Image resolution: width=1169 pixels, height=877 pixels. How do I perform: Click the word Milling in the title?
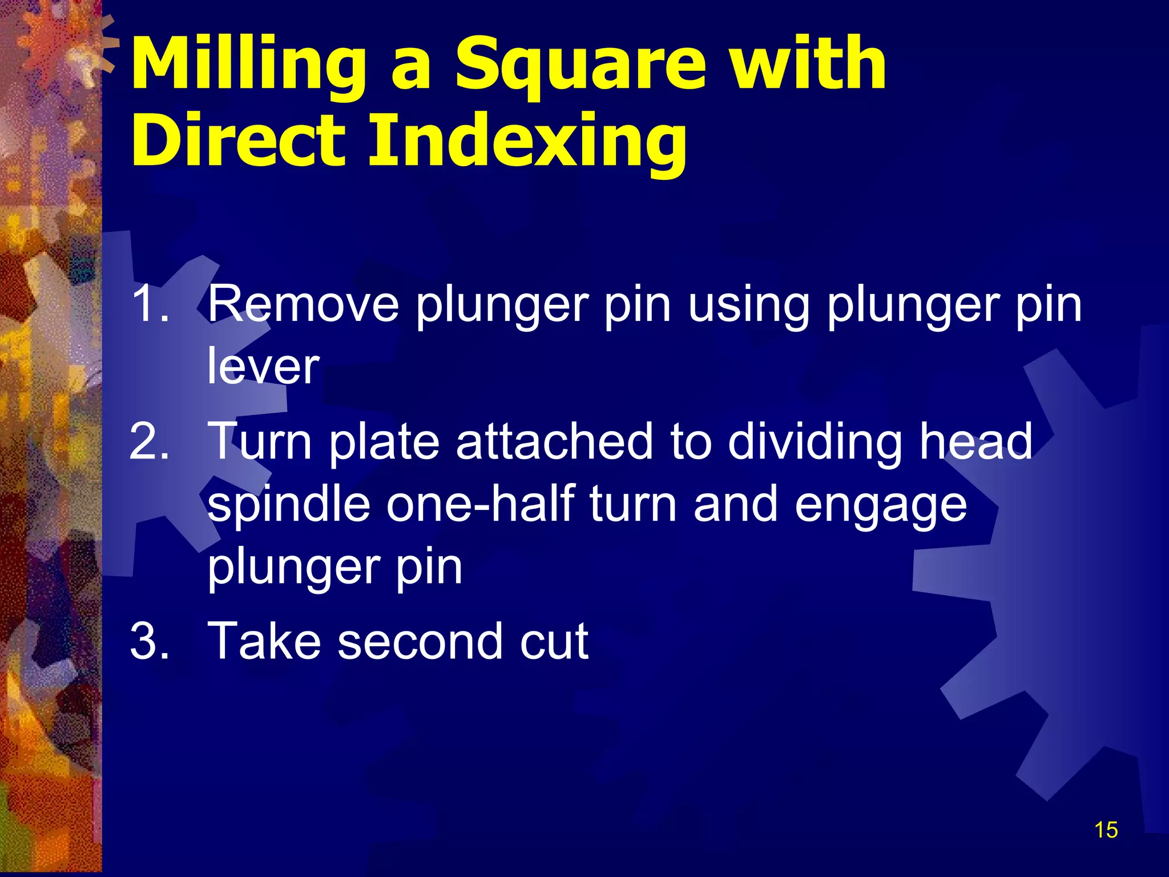tap(248, 64)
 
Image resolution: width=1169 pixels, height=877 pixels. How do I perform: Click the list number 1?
tap(150, 304)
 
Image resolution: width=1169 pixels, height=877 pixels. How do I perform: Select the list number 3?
tap(150, 640)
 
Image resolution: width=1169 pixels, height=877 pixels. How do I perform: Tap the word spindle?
tap(288, 505)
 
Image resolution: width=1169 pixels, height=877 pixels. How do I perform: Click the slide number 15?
tap(1106, 830)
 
